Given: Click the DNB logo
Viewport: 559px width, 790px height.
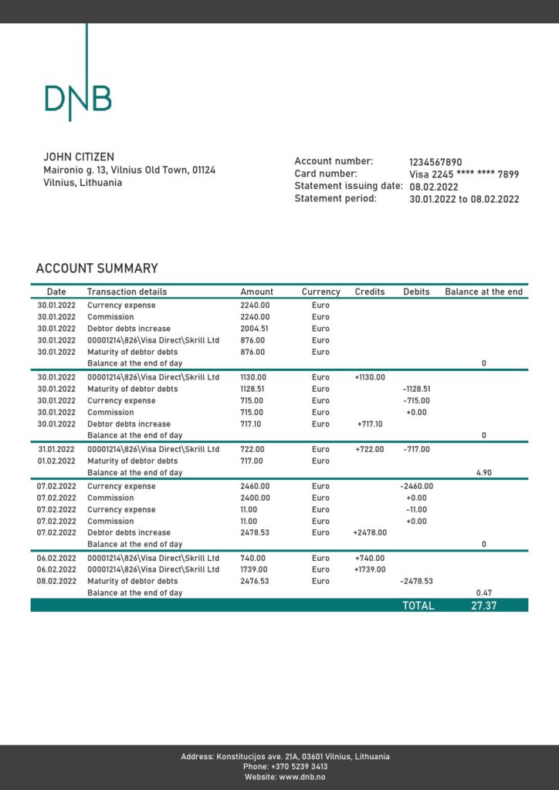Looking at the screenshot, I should pyautogui.click(x=78, y=96).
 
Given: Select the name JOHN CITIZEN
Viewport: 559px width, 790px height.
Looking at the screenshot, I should pyautogui.click(x=79, y=157).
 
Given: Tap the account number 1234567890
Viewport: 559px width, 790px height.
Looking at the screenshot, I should pyautogui.click(x=435, y=162).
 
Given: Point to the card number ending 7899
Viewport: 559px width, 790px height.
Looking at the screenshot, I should pyautogui.click(x=464, y=174).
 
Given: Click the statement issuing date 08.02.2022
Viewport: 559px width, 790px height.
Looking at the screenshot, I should pyautogui.click(x=434, y=187).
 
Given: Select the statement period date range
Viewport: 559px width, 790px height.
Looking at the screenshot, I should pyautogui.click(x=464, y=199).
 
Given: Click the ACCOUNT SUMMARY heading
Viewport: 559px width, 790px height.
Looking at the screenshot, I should pyautogui.click(x=97, y=268).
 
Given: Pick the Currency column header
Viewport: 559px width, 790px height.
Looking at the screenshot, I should pyautogui.click(x=320, y=292).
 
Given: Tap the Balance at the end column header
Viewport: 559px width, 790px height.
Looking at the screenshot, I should pyautogui.click(x=483, y=292).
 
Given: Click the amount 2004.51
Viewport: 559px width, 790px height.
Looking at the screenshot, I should pyautogui.click(x=255, y=329).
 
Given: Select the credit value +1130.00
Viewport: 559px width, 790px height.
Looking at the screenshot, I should pyautogui.click(x=369, y=377).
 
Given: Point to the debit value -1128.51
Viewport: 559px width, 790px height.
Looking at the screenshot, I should pyautogui.click(x=416, y=389).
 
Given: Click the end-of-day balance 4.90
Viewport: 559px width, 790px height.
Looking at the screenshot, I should pyautogui.click(x=483, y=472).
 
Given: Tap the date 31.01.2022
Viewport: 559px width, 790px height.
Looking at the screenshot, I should pyautogui.click(x=56, y=449).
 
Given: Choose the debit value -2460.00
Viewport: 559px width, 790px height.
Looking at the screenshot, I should pyautogui.click(x=416, y=486).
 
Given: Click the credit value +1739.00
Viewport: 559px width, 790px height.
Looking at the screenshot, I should pyautogui.click(x=369, y=569).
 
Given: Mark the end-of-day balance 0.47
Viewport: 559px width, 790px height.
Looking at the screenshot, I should pyautogui.click(x=483, y=592).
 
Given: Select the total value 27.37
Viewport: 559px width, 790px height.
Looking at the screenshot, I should pyautogui.click(x=483, y=606).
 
